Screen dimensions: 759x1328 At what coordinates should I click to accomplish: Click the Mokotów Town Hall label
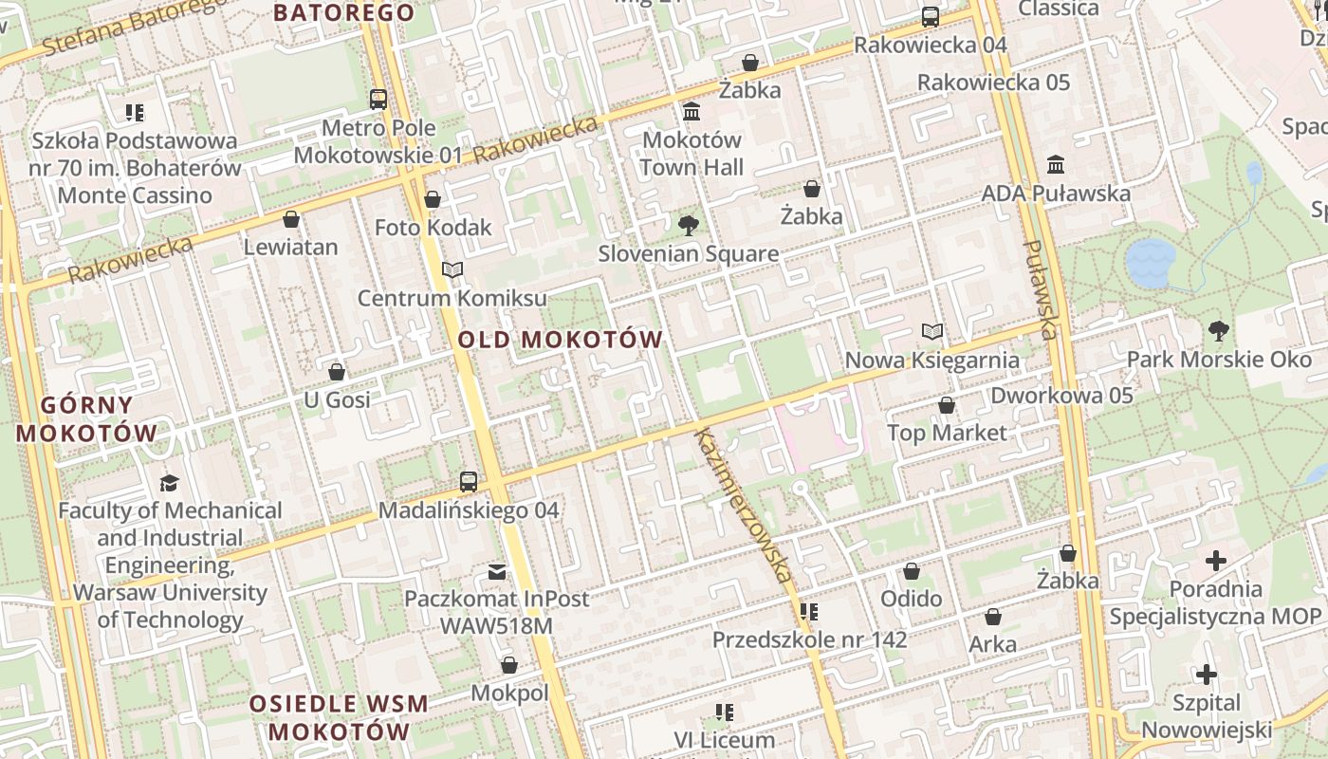(692, 154)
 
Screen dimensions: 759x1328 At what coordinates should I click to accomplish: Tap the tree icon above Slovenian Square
(689, 226)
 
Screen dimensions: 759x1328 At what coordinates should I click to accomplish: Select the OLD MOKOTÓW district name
(560, 340)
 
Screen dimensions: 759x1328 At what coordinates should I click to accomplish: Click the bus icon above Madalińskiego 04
(469, 481)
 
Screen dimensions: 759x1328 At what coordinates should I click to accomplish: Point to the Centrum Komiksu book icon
(452, 270)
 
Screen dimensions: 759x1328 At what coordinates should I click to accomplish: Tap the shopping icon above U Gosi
(336, 372)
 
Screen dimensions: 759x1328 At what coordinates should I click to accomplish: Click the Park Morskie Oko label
(1219, 360)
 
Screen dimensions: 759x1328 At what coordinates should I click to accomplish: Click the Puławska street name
(1040, 289)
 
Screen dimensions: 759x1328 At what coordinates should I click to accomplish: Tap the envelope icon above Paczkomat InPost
(497, 571)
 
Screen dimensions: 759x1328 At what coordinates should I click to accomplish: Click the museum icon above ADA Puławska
(1056, 165)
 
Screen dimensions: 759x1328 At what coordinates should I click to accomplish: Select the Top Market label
(946, 433)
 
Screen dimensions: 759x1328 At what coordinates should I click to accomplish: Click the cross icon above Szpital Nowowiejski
(1206, 675)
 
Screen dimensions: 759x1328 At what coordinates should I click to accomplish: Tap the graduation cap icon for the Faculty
(169, 483)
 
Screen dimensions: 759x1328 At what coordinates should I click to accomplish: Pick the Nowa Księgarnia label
(931, 361)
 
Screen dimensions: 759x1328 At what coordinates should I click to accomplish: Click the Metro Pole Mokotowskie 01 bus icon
(378, 99)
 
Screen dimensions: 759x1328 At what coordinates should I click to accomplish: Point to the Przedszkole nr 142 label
(809, 639)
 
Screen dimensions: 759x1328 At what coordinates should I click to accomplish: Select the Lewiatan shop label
(290, 248)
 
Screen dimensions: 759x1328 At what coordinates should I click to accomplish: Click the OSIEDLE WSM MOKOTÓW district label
(339, 718)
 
